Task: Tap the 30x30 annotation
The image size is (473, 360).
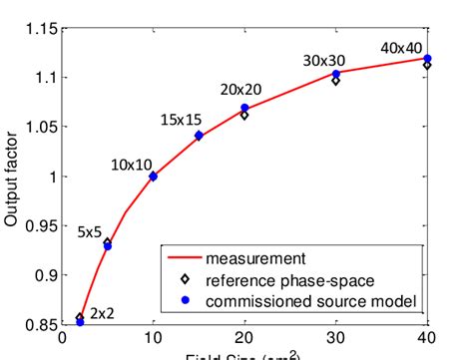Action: click(x=324, y=62)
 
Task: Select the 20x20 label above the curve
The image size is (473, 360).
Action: click(x=240, y=89)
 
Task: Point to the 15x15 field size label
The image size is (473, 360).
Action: click(x=182, y=120)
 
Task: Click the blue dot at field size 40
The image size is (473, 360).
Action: click(x=428, y=59)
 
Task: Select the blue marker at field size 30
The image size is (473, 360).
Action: click(x=335, y=75)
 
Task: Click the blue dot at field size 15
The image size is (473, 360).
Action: click(x=199, y=136)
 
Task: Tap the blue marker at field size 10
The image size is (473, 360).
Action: click(x=153, y=177)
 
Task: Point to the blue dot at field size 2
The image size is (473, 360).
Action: click(x=80, y=322)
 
